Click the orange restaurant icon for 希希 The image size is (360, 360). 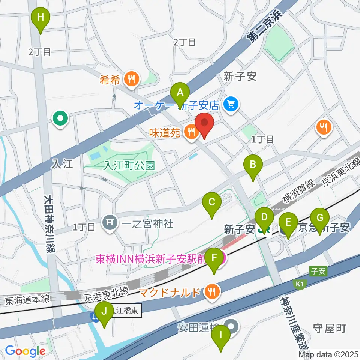131,79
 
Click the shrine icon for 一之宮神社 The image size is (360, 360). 109,224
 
